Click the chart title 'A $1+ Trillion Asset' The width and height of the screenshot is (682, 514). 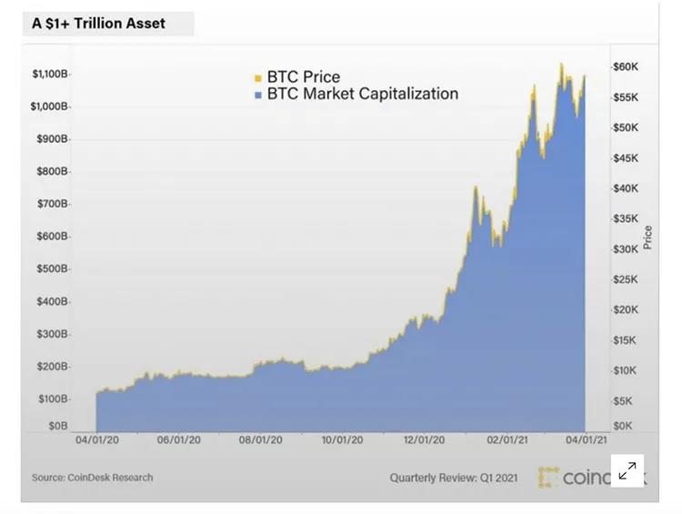click(x=99, y=23)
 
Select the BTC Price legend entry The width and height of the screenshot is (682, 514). click(x=302, y=77)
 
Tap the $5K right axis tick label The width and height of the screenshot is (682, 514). click(x=623, y=401)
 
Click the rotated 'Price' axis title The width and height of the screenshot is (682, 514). click(x=647, y=237)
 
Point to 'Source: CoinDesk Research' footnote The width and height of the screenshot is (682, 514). click(x=93, y=478)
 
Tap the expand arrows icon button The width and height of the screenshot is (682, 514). click(x=627, y=470)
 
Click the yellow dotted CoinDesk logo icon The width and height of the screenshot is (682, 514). click(x=548, y=477)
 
